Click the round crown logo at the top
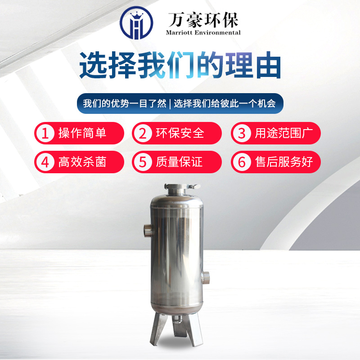click(x=136, y=22)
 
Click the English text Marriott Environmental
click(x=203, y=32)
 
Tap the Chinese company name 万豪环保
click(x=203, y=20)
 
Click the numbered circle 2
click(x=143, y=133)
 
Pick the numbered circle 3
click(x=242, y=133)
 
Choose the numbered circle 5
click(x=143, y=162)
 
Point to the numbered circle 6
click(x=242, y=162)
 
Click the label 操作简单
click(x=82, y=133)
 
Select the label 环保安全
click(x=180, y=133)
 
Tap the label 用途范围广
click(x=284, y=133)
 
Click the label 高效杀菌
click(x=82, y=162)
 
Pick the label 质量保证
click(x=179, y=162)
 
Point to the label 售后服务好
click(x=284, y=162)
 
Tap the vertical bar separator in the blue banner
click(x=170, y=104)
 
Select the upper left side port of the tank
click(x=148, y=230)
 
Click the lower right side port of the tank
click(x=206, y=278)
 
